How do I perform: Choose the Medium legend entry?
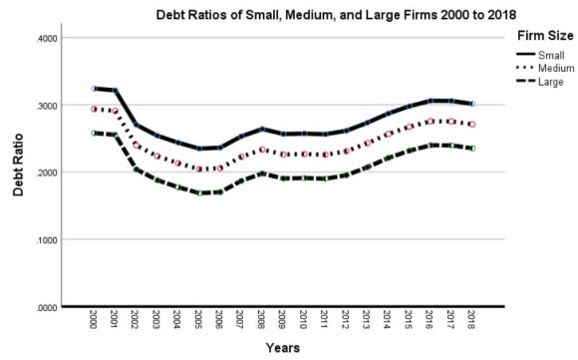tap(557, 69)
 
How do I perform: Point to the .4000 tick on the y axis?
tap(48, 38)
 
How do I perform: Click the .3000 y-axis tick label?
tap(48, 106)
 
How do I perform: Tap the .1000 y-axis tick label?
tap(48, 240)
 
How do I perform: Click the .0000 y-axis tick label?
tap(48, 307)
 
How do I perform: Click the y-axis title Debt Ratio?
tap(19, 173)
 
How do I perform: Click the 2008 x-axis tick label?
tap(261, 322)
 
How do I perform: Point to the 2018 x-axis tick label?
tap(472, 322)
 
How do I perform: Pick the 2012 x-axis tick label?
tap(346, 322)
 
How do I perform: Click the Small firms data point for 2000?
tap(95, 89)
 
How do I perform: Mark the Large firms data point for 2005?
tap(198, 193)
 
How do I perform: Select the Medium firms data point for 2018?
tap(472, 125)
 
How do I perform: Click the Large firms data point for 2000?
tap(95, 133)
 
